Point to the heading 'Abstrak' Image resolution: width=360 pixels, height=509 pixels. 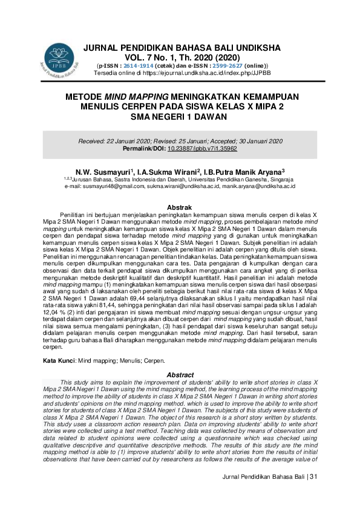pos(180,207)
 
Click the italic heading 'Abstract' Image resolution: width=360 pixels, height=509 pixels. pos(180,374)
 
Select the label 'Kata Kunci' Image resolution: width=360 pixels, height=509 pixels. pos(57,361)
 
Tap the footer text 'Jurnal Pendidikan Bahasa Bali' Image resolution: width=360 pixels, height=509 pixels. pos(263,495)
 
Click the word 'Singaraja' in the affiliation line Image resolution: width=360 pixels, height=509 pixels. pos(280,179)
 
